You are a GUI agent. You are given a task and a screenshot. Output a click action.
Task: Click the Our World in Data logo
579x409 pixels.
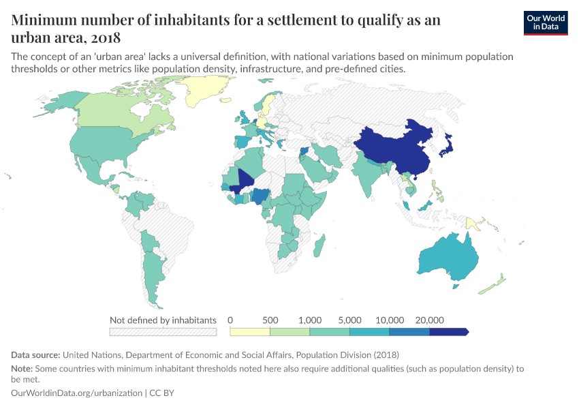[545, 22]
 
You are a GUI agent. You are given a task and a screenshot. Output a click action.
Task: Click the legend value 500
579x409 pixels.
[270, 320]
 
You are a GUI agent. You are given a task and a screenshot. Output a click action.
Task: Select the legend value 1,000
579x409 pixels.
[310, 320]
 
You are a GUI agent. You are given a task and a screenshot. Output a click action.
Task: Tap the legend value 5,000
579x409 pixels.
[350, 320]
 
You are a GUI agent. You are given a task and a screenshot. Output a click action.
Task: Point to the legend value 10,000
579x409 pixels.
[390, 320]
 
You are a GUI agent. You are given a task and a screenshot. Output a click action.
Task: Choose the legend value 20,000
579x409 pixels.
[430, 320]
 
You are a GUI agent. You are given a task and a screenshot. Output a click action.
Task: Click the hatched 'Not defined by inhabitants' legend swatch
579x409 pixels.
[163, 332]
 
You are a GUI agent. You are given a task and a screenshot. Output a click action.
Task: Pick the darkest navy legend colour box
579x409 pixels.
[448, 332]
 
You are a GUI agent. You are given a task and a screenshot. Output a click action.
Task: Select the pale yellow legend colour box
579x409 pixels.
[250, 332]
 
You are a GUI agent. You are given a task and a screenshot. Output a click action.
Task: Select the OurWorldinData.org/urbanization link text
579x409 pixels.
[77, 393]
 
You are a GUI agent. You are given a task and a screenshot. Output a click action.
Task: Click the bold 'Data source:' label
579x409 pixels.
[35, 355]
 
